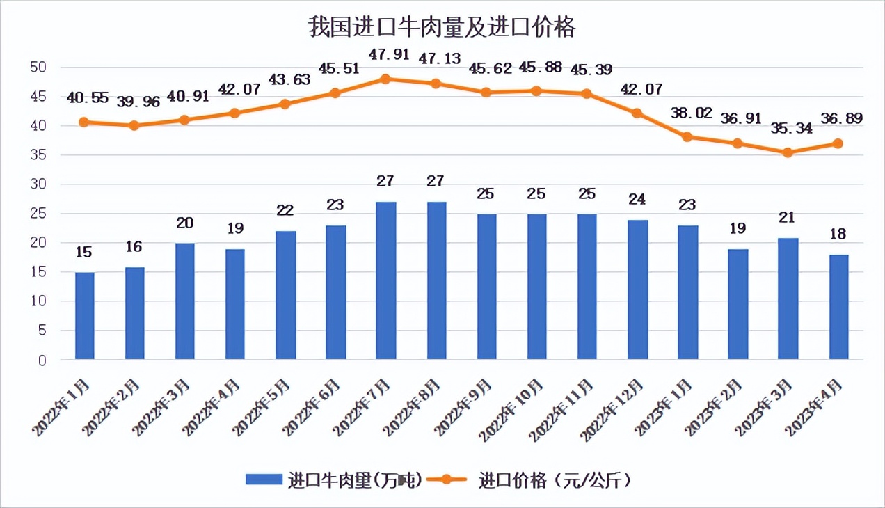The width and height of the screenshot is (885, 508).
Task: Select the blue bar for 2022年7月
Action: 386,280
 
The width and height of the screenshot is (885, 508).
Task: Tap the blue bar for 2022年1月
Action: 84,316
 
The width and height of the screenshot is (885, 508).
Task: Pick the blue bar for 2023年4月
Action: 838,307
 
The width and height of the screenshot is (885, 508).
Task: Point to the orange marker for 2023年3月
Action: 788,152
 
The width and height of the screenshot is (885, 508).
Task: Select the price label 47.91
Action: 390,54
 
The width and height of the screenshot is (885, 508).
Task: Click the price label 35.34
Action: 792,129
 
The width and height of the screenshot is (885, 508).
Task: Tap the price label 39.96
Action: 138,102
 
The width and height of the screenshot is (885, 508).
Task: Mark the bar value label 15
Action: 84,252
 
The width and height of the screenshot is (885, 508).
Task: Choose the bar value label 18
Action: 838,235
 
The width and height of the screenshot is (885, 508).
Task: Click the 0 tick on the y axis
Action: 42,360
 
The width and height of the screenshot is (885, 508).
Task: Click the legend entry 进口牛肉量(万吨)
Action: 334,479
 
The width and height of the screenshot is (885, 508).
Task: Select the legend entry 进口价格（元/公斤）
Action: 532,479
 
